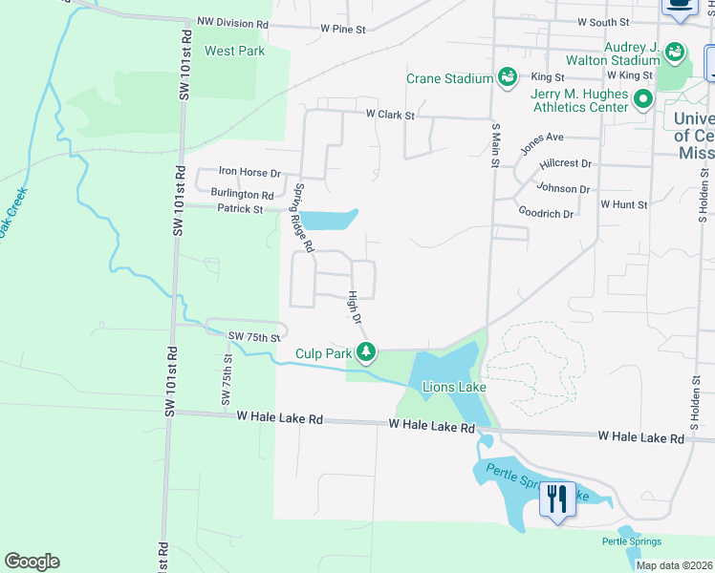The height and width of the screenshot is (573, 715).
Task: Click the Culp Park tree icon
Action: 365,353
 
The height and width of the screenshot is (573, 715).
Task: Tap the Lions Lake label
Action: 454,387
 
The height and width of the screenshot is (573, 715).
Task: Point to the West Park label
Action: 234,51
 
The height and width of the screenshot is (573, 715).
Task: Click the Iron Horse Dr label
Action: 249,173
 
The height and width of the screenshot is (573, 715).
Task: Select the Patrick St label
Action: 239,208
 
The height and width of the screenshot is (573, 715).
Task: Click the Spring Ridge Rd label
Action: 304,218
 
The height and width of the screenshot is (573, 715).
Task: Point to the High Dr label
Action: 355,307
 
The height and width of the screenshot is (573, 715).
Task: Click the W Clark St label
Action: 391,115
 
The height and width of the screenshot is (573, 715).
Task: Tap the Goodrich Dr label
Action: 546,213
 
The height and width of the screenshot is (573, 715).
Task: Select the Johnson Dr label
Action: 564,189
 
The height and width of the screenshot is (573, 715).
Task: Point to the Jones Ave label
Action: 542,143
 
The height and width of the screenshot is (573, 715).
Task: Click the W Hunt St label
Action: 623,204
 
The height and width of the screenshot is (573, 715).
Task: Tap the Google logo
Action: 32,562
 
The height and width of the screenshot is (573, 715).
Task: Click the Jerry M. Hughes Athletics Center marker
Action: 643,99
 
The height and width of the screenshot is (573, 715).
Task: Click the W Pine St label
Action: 343,30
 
